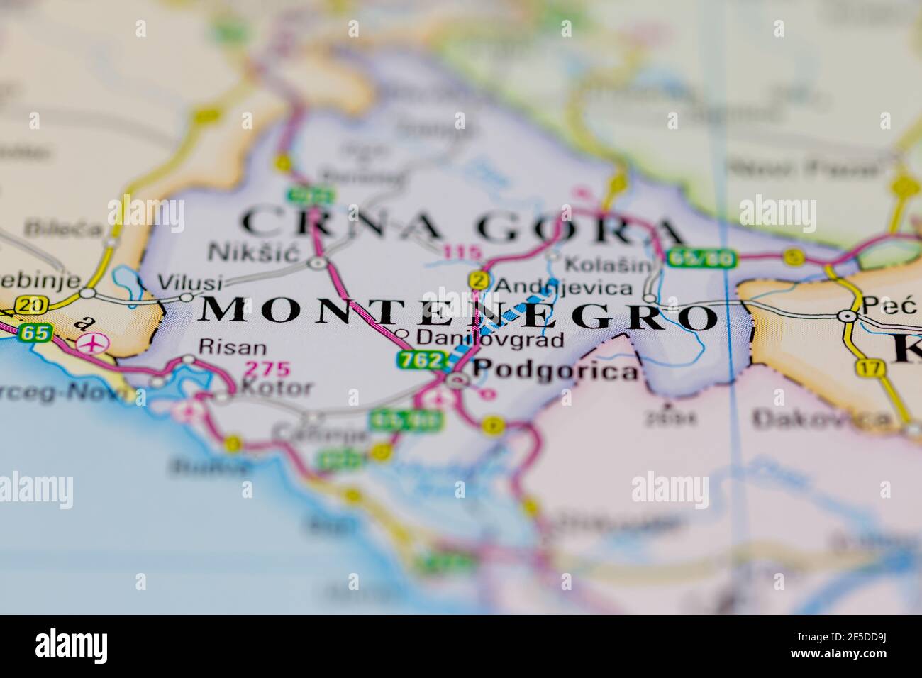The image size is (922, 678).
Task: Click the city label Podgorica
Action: pos(555,369)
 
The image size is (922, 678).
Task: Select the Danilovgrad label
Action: pos(491,339)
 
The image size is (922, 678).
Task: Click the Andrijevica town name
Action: pos(563,287)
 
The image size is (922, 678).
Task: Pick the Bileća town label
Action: pos(52,228)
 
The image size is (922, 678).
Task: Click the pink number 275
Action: pos(267,369)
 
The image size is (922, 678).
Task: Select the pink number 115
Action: pos(462,252)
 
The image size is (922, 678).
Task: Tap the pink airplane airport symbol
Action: pos(90,343)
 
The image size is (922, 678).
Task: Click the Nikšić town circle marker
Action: pos(317,263)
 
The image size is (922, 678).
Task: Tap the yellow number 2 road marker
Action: pos(479,281)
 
